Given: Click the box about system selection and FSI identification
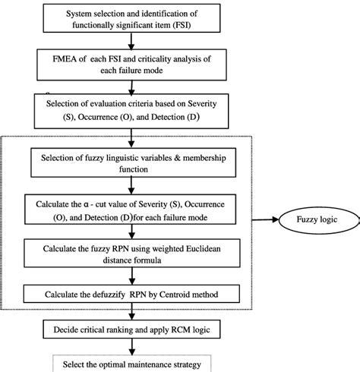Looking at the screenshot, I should [x=131, y=20].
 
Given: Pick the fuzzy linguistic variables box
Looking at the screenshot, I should [x=131, y=162].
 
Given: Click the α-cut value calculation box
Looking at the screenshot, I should [x=131, y=210].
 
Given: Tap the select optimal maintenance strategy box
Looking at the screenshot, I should [x=131, y=364].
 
